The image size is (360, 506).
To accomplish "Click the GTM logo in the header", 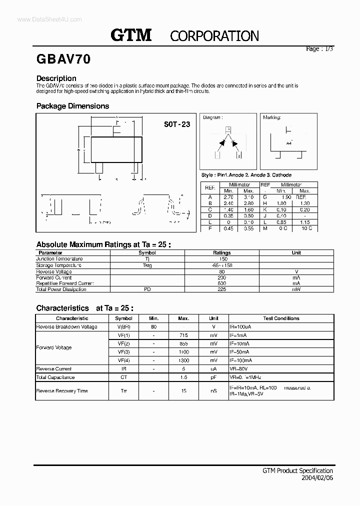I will [131, 35].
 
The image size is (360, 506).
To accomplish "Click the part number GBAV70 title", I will [63, 59].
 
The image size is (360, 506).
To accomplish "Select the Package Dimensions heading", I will [72, 106].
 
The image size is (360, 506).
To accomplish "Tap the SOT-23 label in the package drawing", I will [177, 124].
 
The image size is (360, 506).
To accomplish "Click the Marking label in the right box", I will [272, 117].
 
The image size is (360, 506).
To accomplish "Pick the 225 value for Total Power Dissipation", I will [221, 289].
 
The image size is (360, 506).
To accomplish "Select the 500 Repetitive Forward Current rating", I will [221, 283].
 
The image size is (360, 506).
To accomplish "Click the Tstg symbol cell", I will [147, 265].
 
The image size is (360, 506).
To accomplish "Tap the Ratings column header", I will [221, 253].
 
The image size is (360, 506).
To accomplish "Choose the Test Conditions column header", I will [281, 318].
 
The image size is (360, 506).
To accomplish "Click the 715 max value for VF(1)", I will [183, 335].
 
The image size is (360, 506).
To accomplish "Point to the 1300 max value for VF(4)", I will [183, 360].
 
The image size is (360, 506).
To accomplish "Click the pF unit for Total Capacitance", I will [213, 377].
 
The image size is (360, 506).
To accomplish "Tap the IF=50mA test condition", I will [240, 352].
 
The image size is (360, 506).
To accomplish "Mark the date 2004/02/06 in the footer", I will [316, 478].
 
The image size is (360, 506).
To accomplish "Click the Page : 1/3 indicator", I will [319, 49].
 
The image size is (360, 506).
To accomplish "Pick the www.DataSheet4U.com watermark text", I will [42, 19].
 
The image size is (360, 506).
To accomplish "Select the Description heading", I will [56, 78].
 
